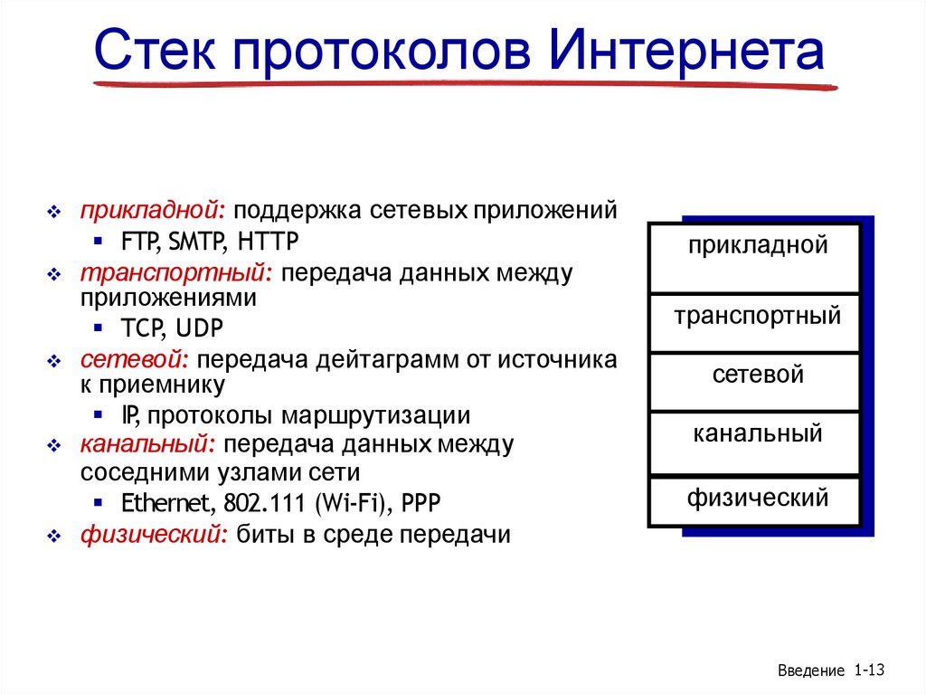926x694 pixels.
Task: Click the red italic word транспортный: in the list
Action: (176, 273)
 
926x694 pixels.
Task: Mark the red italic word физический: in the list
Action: (154, 535)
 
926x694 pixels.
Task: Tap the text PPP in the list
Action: (423, 503)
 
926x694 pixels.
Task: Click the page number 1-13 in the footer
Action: (867, 670)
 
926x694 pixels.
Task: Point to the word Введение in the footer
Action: (810, 670)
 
